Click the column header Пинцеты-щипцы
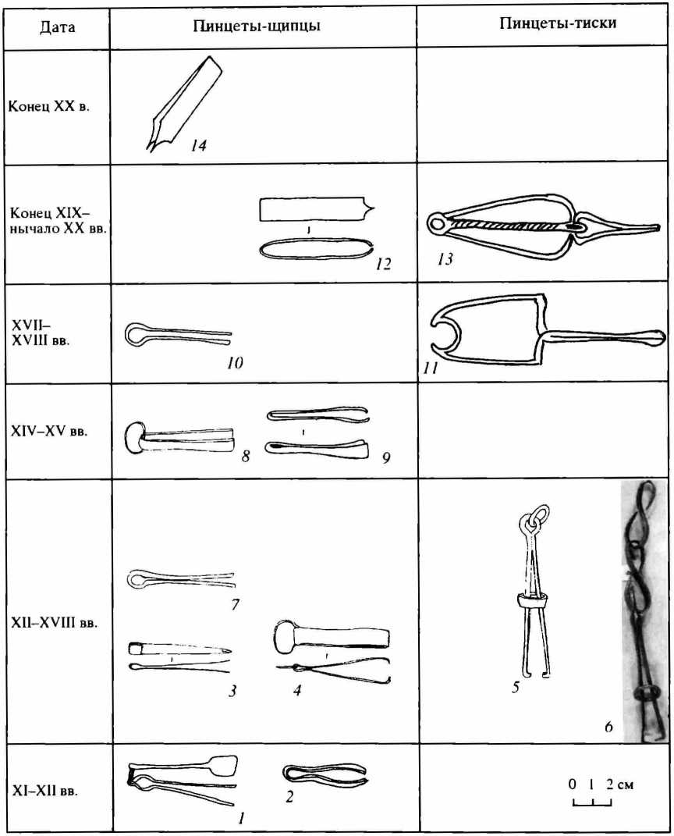257,26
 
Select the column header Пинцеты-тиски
558,23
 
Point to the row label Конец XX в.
49,106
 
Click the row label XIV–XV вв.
49,431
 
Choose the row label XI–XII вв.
44,790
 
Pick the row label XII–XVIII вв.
55,622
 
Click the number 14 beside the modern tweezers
198,145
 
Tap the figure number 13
445,259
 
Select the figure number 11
431,368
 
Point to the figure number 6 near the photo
608,726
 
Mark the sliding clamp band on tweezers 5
532,603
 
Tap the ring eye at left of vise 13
438,223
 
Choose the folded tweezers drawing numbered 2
325,776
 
